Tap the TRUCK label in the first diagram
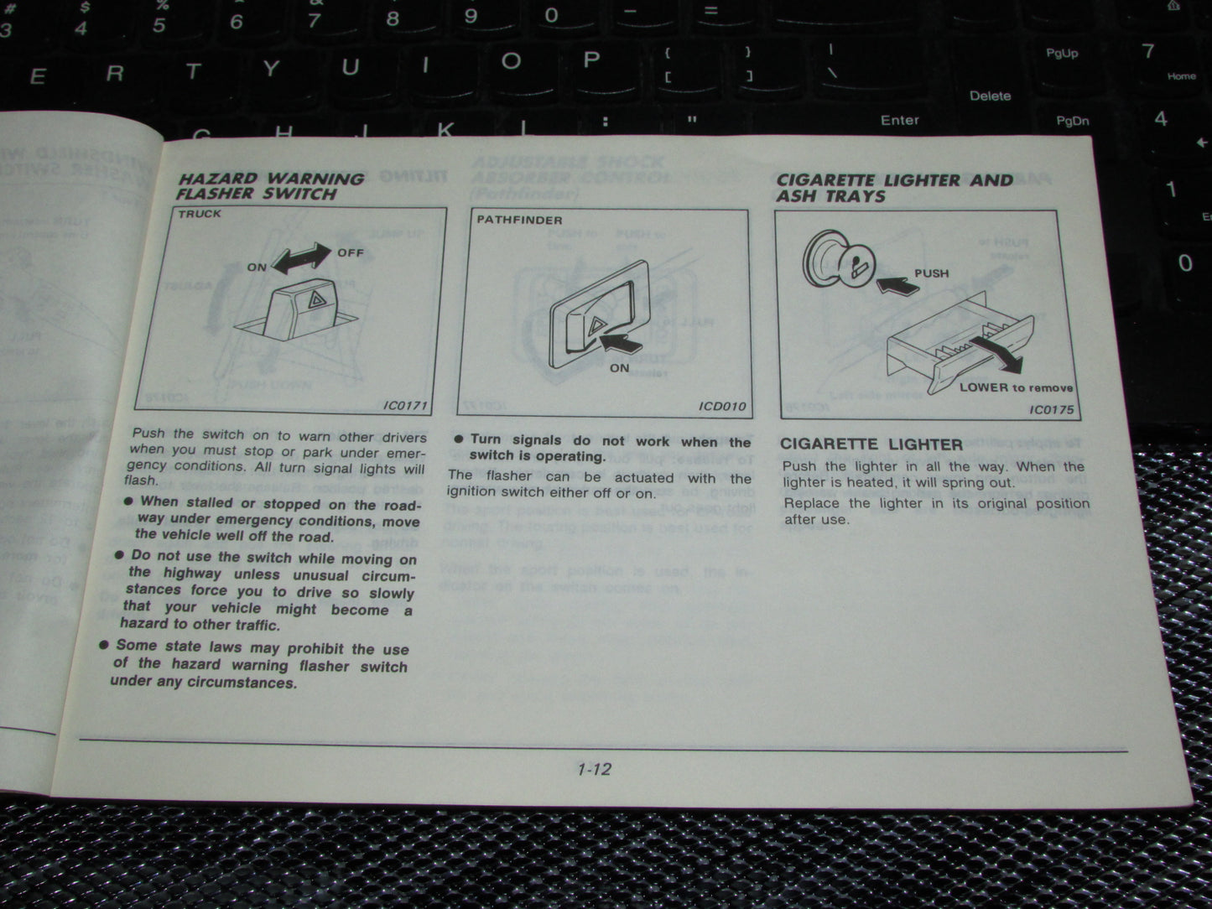(200, 214)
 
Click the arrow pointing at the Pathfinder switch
(622, 342)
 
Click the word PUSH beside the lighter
(931, 273)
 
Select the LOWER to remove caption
(1016, 387)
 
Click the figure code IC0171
(405, 406)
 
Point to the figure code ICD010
(722, 407)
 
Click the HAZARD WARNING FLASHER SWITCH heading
(270, 186)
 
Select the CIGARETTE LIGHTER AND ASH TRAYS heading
(893, 188)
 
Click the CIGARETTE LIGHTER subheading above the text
(871, 444)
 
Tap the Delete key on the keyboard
(990, 96)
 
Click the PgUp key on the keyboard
(1062, 53)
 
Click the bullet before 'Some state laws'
(104, 645)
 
